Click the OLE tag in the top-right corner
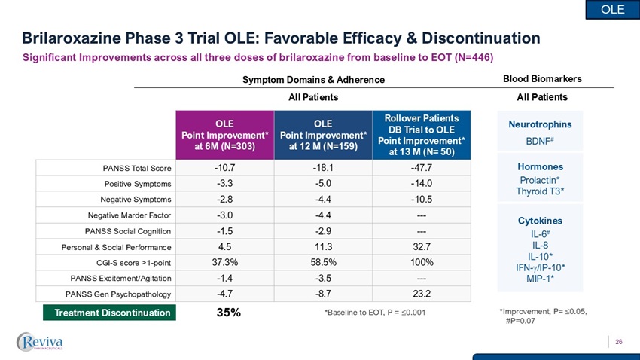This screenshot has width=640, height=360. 613,9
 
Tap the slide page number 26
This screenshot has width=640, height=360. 618,343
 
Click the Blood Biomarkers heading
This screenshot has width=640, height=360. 541,78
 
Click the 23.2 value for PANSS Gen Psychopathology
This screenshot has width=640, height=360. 421,294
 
